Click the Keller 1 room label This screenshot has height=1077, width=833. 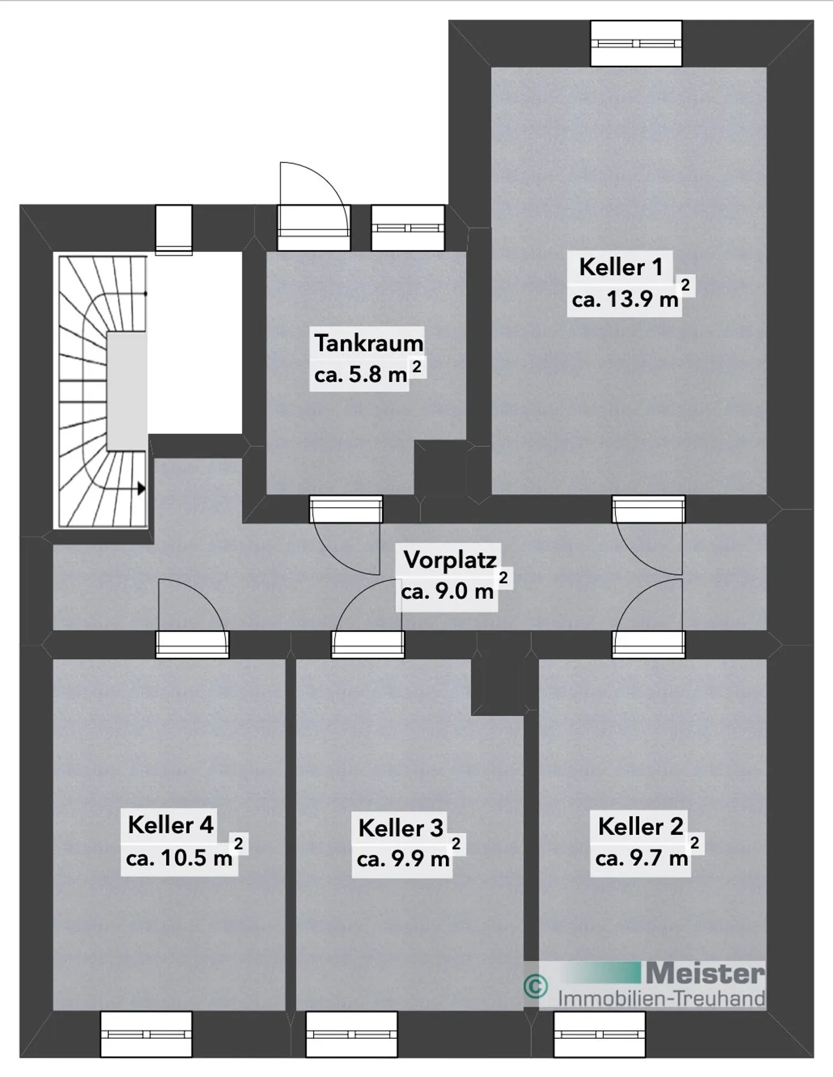(620, 267)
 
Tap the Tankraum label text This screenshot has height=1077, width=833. (368, 343)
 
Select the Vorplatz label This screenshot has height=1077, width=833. (449, 559)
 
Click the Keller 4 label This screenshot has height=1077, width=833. (171, 825)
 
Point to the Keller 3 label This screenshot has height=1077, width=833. (400, 828)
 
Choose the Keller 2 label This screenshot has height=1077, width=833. (640, 826)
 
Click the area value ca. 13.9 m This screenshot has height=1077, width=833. (625, 299)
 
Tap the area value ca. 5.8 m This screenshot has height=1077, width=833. (360, 375)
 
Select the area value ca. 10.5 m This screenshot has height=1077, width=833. (179, 857)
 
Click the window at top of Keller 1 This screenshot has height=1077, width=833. (636, 43)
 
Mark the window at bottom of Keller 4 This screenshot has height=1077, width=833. (146, 1034)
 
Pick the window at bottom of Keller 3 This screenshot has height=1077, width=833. (352, 1034)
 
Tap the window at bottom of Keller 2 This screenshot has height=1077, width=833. (599, 1034)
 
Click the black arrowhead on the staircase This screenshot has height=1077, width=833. (141, 488)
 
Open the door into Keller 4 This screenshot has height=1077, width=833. (192, 618)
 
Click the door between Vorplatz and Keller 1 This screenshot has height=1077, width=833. (648, 535)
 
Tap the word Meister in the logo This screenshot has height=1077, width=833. (705, 973)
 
